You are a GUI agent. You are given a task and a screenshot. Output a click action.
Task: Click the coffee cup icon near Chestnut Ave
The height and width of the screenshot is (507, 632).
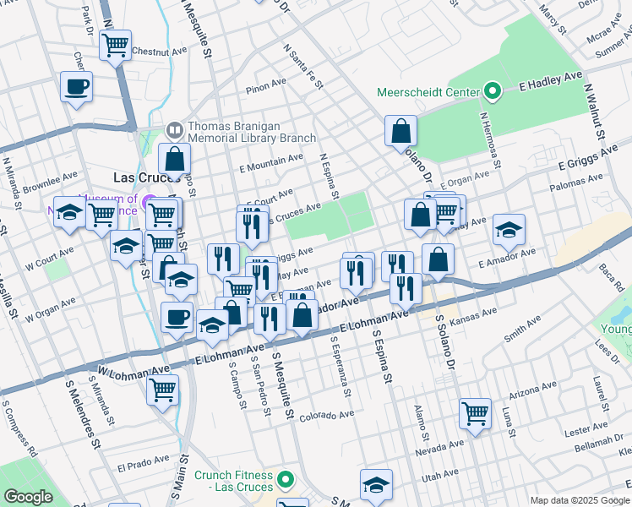coord(77,85)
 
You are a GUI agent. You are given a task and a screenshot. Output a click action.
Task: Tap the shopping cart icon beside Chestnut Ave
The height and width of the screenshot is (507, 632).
coord(116,44)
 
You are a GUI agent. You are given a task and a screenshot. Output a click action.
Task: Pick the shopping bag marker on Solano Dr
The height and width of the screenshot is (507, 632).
coord(401,131)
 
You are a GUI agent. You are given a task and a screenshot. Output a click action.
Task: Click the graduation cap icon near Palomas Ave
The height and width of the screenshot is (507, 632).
coord(509,229)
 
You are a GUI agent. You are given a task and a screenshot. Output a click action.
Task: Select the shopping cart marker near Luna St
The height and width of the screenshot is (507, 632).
coord(476,413)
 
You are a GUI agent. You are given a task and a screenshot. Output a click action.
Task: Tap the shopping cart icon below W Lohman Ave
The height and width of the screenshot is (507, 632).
coord(163,390)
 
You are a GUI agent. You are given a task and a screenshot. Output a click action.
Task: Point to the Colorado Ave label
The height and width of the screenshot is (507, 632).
coord(326,416)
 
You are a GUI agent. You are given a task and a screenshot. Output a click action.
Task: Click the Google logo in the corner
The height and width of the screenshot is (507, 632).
coord(28,497)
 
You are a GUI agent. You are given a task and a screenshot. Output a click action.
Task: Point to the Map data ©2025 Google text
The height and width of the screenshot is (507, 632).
coord(580,500)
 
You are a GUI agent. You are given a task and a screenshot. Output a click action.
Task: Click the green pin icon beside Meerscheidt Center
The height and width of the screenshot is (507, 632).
coord(492,91)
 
